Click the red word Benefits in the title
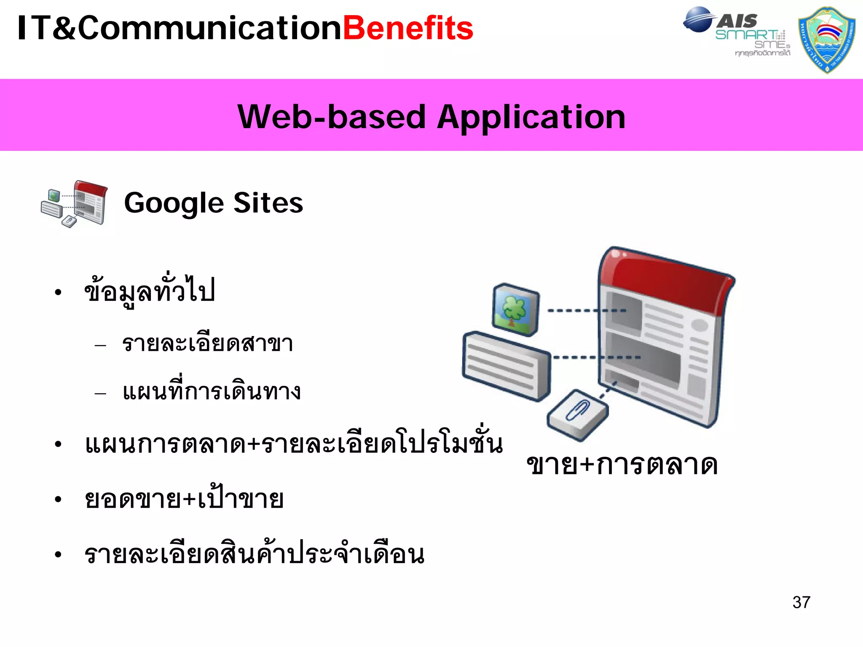(408, 29)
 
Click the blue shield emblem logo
(827, 40)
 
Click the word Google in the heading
(174, 203)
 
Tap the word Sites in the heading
(268, 203)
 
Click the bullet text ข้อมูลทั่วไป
(150, 291)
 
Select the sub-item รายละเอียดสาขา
(207, 343)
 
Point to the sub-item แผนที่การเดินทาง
(212, 392)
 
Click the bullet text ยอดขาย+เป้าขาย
(184, 500)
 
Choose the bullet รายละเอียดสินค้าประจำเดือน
(254, 554)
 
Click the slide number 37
(801, 602)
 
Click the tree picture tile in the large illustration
(515, 310)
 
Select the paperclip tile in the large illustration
(577, 414)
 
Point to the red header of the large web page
(666, 278)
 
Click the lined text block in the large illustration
(506, 366)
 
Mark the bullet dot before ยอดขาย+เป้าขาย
(58, 500)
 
